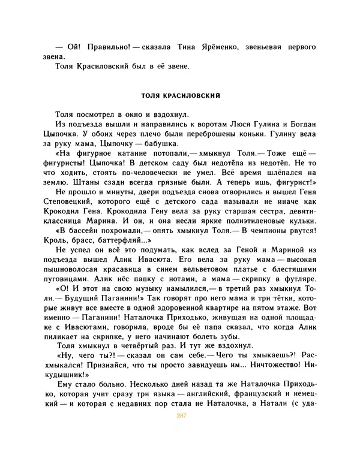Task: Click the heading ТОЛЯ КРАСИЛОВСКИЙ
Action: click(180, 95)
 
